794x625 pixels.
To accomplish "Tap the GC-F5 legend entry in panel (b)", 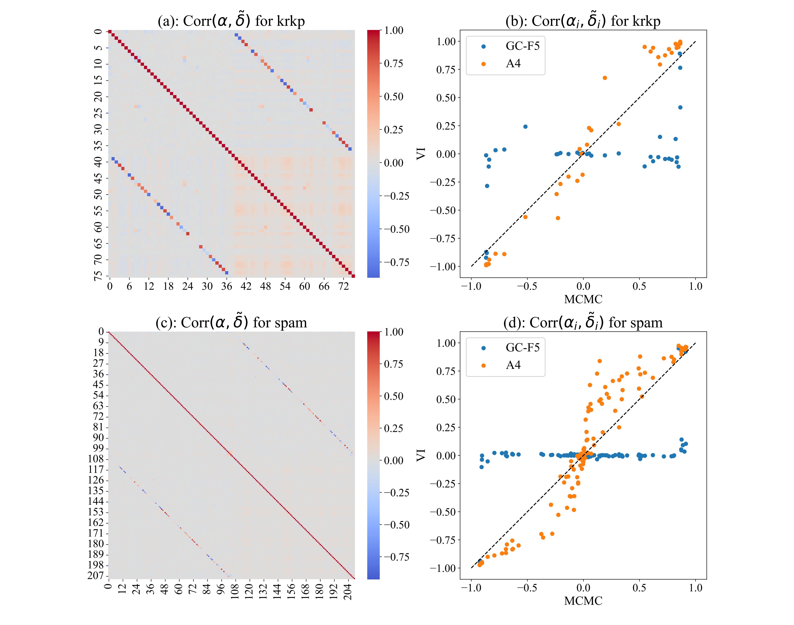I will point(522,46).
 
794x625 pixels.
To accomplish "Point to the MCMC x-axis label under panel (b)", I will point(583,299).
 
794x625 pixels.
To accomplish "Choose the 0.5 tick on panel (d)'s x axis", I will point(639,588).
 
